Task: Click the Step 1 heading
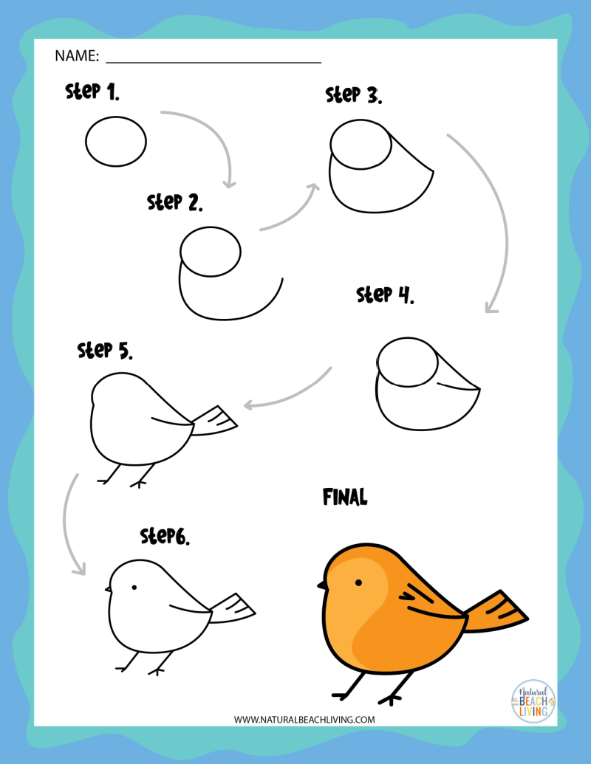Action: tap(92, 92)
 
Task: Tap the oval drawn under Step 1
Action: tap(116, 141)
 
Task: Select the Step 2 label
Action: tap(175, 202)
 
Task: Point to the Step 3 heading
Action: tap(354, 94)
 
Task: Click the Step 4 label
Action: tap(385, 295)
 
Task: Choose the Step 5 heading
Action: tap(105, 350)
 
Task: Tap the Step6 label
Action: tap(165, 536)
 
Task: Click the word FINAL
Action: tap(345, 498)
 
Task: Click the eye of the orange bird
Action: tap(358, 583)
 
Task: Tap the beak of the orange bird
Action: tap(323, 585)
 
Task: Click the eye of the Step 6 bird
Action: tap(134, 588)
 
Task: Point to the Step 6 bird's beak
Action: tap(108, 590)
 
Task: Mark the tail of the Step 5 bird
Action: tap(216, 419)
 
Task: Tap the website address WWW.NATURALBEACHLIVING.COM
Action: tap(304, 719)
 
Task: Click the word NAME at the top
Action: tap(76, 56)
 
